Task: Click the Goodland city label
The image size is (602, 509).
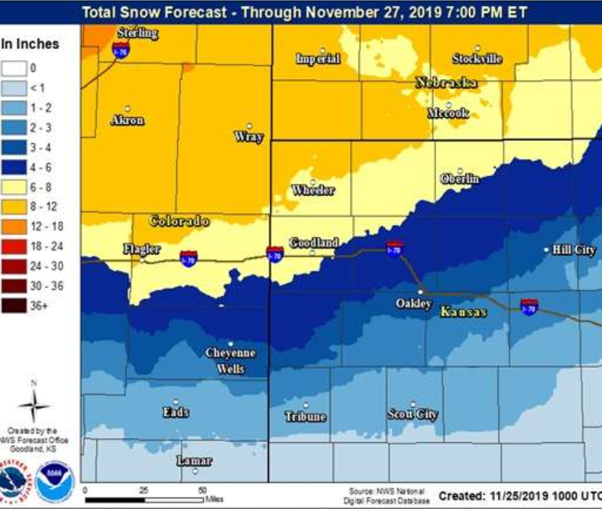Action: (313, 243)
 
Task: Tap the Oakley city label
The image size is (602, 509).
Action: (414, 303)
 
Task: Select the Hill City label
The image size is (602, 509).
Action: (574, 249)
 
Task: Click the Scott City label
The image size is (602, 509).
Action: (412, 414)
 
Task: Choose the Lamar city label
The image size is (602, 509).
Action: (194, 461)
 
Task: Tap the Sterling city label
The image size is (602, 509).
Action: (137, 33)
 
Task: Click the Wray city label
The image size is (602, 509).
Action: (249, 137)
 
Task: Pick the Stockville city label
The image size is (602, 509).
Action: (477, 59)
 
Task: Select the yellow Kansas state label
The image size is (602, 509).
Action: (463, 312)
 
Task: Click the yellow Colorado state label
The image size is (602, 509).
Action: (179, 221)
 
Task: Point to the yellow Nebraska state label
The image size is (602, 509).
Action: (446, 83)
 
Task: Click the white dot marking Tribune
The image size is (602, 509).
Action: (306, 405)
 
